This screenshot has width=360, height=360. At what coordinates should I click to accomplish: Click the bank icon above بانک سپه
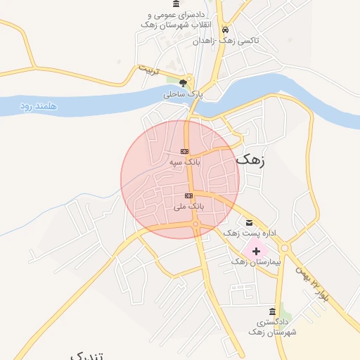point(184,151)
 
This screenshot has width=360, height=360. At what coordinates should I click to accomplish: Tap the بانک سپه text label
point(184,162)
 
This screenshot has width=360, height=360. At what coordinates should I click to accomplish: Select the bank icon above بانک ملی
point(188,195)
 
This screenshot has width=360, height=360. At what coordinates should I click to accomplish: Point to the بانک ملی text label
point(188,207)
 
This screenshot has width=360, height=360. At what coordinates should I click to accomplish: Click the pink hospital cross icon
point(255,250)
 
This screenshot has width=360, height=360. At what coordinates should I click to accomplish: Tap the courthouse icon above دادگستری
point(273,311)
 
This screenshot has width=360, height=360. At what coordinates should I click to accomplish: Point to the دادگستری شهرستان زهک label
point(273,326)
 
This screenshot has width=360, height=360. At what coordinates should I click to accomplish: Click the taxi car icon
point(225,30)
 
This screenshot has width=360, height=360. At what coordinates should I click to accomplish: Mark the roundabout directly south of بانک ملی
point(195,224)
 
